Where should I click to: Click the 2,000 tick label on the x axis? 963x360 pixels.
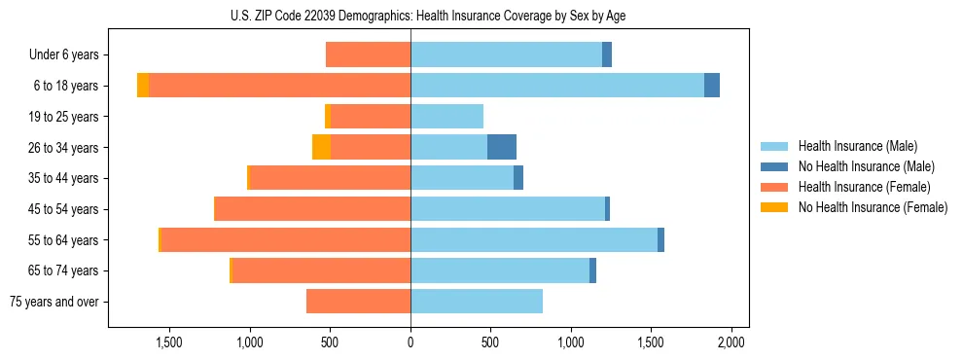click(731, 342)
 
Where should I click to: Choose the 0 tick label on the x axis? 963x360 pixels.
click(410, 342)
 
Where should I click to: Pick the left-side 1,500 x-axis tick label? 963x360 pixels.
click(169, 342)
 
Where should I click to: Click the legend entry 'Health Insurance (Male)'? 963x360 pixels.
click(857, 146)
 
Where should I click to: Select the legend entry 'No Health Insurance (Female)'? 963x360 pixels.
click(873, 207)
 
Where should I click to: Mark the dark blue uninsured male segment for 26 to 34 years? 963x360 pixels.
click(502, 147)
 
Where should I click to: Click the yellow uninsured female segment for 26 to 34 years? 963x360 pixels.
click(321, 147)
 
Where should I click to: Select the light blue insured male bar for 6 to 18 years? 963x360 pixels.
click(557, 86)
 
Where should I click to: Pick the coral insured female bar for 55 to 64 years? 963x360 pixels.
click(286, 239)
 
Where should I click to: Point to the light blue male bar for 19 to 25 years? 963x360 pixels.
click(446, 117)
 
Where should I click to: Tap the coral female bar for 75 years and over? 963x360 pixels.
click(358, 302)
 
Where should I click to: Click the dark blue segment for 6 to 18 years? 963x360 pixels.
click(712, 86)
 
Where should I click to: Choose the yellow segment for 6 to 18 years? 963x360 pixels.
click(143, 86)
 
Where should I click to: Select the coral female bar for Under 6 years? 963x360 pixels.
click(368, 54)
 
